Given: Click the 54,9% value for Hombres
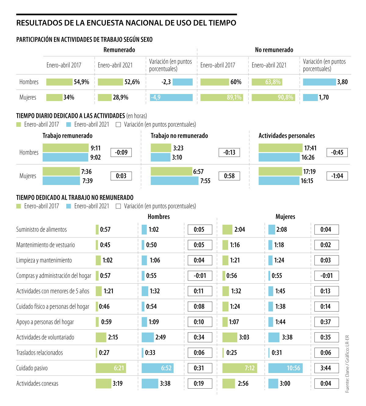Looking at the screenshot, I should point(81,82).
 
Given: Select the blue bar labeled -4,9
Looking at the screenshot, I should point(171,97).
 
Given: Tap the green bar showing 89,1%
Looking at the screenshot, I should point(222,97).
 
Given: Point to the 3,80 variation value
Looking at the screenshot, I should point(342,82).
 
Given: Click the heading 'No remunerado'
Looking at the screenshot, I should point(274,50).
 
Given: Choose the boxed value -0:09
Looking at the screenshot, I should point(121,152).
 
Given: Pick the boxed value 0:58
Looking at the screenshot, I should point(229,176).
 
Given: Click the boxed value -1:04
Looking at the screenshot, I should point(337,176).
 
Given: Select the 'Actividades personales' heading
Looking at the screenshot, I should point(287,136).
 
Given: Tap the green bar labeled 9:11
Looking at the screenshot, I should point(66,148).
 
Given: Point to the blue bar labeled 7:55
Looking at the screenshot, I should point(174,181).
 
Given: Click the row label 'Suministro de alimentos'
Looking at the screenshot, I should point(41,230).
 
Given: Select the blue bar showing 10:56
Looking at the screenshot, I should point(285,368).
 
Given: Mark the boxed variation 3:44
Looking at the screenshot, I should point(326,368).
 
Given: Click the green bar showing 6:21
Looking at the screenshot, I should point(111,368).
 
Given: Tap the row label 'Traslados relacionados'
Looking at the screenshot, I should point(40,353).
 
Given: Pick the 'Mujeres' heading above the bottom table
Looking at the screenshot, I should point(285,217).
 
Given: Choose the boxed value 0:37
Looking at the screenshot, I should point(326,322).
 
